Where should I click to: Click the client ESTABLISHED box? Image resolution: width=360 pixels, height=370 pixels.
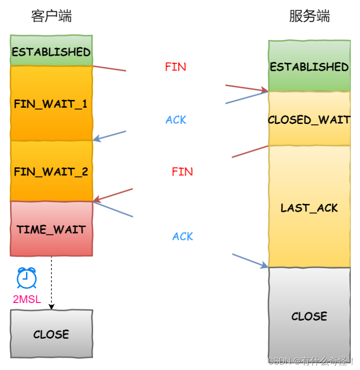pyautogui.click(x=51, y=50)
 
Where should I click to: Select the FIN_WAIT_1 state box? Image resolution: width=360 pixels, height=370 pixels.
pyautogui.click(x=51, y=103)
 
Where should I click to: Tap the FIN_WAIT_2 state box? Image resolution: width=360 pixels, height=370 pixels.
pyautogui.click(x=51, y=171)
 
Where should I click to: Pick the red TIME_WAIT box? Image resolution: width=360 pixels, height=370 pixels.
pyautogui.click(x=51, y=228)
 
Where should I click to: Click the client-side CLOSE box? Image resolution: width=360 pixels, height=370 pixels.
pyautogui.click(x=51, y=334)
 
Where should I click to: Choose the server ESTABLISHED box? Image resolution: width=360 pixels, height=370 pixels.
pyautogui.click(x=309, y=66)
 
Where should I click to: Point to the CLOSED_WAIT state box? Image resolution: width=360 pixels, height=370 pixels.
pyautogui.click(x=309, y=119)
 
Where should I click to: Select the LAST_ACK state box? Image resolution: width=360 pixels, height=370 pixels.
pyautogui.click(x=309, y=207)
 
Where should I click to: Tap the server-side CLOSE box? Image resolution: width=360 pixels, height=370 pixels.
pyautogui.click(x=309, y=316)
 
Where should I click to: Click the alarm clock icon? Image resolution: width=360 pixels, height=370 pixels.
pyautogui.click(x=27, y=277)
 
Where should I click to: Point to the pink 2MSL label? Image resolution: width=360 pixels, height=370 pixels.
pyautogui.click(x=27, y=299)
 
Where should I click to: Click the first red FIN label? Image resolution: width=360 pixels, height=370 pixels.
pyautogui.click(x=175, y=67)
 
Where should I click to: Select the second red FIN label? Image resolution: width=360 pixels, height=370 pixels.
pyautogui.click(x=182, y=172)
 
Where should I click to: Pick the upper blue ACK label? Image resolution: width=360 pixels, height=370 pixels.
pyautogui.click(x=176, y=120)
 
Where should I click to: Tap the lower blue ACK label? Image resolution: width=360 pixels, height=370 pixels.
pyautogui.click(x=183, y=237)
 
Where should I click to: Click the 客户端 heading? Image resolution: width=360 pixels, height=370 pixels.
pyautogui.click(x=51, y=16)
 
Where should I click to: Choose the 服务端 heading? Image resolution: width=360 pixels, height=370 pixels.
pyautogui.click(x=309, y=16)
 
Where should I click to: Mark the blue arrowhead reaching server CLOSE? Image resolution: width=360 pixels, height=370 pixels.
pyautogui.click(x=265, y=265)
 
